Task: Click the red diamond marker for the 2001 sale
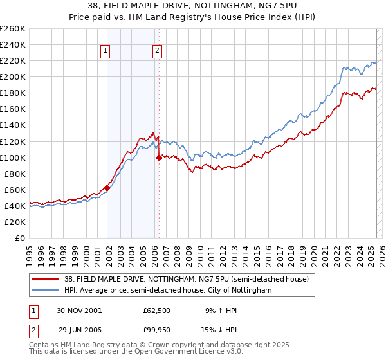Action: tap(107, 187)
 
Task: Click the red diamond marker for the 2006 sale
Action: tap(159, 157)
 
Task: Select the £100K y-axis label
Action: tap(13, 157)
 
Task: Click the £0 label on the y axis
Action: tap(19, 238)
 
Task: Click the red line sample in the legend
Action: tap(45, 279)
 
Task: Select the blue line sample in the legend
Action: tap(45, 290)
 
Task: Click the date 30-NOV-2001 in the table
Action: tap(79, 310)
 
